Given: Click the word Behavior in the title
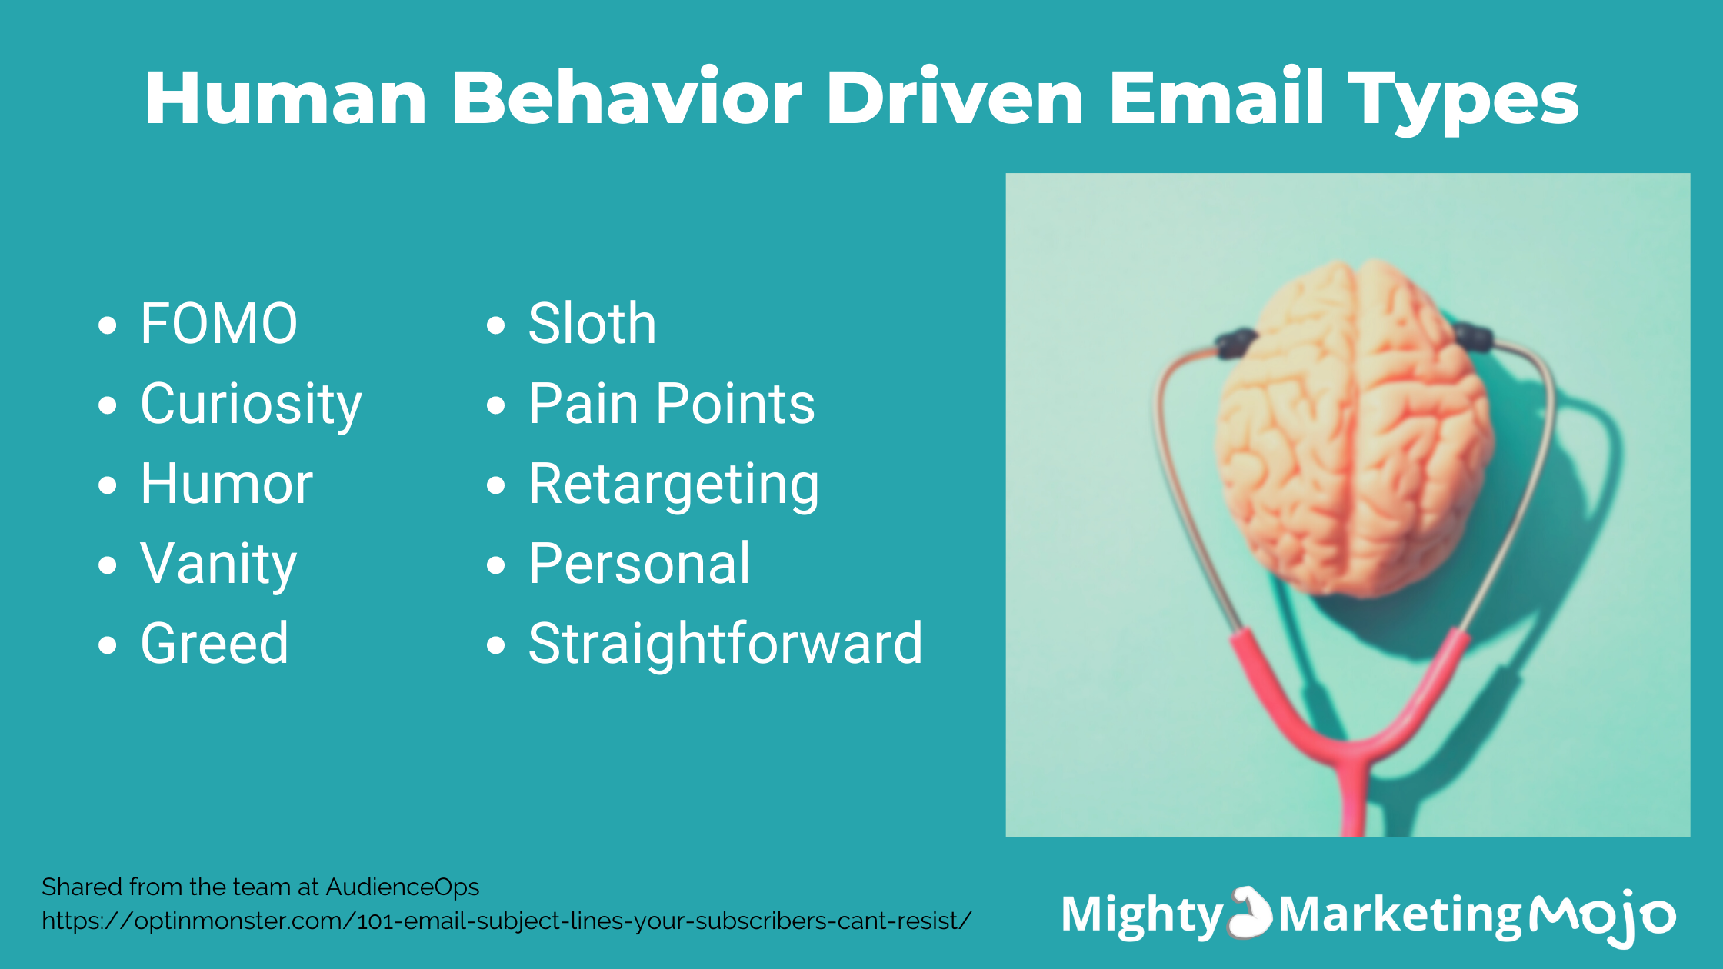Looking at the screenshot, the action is (627, 98).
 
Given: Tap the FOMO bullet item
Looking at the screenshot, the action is (218, 323).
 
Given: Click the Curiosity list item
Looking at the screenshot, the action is (251, 405).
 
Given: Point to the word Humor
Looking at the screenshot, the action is (227, 484).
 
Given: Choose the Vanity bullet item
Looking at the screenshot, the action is (218, 565).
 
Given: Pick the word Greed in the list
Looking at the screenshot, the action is (215, 643).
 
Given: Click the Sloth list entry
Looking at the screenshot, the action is (592, 323).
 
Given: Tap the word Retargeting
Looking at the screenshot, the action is (674, 485).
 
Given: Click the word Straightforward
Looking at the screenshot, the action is (725, 643).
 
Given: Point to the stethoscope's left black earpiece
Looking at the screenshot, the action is (1235, 342).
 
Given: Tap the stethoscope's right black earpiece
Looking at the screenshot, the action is (1474, 336).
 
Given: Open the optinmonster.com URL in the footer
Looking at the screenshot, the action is (507, 921).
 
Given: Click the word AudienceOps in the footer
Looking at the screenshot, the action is (402, 887).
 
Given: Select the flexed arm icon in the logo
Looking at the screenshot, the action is (1251, 913).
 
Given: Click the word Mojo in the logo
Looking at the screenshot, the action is (1602, 915).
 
